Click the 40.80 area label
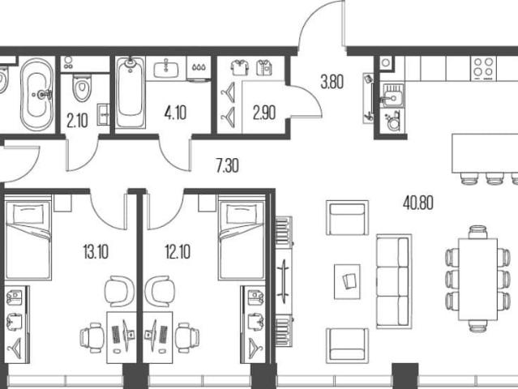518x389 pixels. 418,203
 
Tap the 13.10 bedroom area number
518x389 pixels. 96,252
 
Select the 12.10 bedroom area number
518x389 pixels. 178,252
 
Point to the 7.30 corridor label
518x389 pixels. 227,166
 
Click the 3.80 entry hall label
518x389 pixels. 332,82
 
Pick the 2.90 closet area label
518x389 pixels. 264,113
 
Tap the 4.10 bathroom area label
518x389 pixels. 175,113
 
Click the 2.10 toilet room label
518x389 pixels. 77,121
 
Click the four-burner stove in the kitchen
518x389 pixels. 483,69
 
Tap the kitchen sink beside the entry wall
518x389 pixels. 392,96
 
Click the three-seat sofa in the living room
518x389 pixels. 394,282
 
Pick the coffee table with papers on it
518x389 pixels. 347,282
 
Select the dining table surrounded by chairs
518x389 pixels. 478,279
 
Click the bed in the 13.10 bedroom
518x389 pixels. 28,238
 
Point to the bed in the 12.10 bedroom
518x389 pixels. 242,238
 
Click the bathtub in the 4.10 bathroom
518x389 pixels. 131,92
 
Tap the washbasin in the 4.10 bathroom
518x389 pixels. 166,69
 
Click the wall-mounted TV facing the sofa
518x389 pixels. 284,278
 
